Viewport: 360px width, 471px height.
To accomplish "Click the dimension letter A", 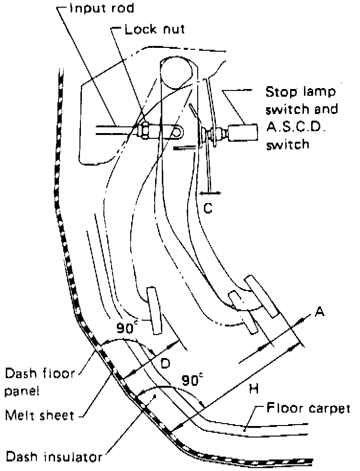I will pyautogui.click(x=320, y=312).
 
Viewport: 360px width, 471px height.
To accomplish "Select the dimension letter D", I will pyautogui.click(x=165, y=364).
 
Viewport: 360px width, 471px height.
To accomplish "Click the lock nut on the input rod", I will pyautogui.click(x=143, y=129).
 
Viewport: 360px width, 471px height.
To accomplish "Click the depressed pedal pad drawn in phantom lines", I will pyautogui.click(x=154, y=311).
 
